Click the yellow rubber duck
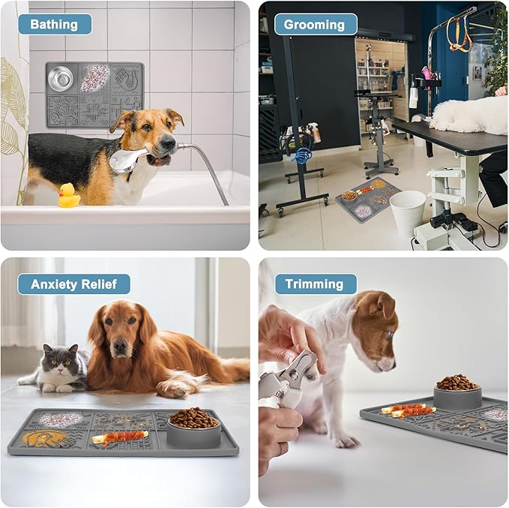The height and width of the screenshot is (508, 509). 69,195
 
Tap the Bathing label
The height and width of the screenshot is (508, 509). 54,24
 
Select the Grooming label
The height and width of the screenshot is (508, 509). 314,25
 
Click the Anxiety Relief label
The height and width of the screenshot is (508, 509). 73,284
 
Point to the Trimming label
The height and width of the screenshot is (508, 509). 315,284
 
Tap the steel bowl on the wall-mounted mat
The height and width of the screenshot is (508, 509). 61,78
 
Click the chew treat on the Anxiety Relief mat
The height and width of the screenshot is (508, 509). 119,437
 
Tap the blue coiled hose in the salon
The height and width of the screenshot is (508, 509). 304,155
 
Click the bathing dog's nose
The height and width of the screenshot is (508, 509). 169,142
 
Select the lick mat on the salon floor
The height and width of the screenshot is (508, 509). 368,199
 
